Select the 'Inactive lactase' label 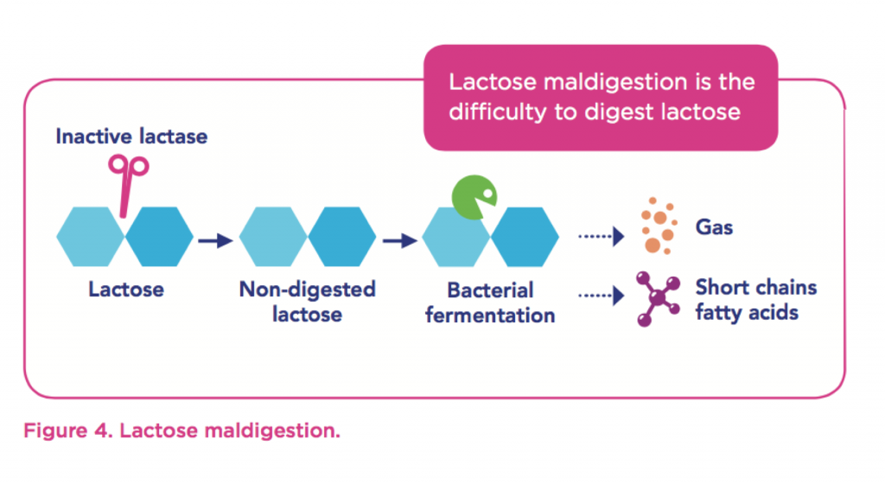point(131,137)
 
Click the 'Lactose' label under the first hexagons point(126,289)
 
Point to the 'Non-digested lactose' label point(307,301)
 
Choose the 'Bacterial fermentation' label point(490,302)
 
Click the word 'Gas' point(714,227)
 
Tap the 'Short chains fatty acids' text point(755,299)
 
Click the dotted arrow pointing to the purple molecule point(601,296)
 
